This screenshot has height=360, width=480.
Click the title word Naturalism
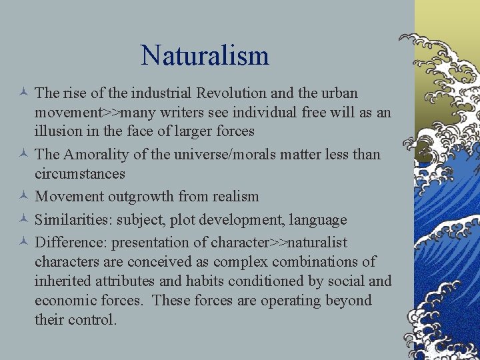point(205,55)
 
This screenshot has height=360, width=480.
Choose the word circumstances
point(80,173)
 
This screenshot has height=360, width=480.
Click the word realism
point(233,197)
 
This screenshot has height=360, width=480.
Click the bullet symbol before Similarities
point(23,220)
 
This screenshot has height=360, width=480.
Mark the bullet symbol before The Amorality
point(23,155)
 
